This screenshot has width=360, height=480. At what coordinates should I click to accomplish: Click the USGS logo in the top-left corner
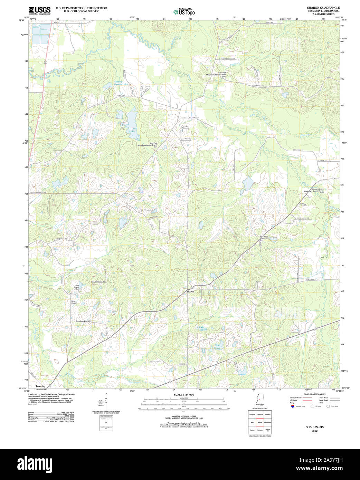click(39, 10)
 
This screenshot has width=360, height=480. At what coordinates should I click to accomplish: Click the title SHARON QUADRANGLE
click(323, 8)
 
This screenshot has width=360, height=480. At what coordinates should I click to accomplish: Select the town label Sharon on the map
click(190, 292)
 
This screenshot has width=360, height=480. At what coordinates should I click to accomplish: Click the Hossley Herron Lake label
click(121, 83)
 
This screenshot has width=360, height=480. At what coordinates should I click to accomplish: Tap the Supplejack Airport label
click(84, 321)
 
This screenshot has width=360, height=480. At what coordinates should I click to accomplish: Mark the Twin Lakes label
click(217, 346)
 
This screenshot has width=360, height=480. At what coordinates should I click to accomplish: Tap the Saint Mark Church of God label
click(268, 238)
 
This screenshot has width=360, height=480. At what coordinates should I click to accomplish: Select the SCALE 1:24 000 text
click(184, 395)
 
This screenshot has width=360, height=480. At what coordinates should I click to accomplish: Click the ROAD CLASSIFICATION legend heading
click(314, 394)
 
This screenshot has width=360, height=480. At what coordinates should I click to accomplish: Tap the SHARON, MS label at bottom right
click(314, 427)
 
